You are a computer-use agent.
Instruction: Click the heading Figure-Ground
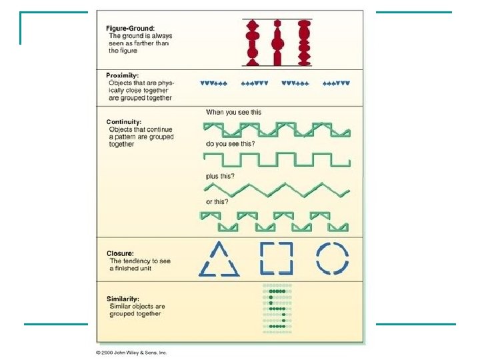[x=131, y=27]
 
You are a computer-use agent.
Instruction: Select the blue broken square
[x=276, y=258]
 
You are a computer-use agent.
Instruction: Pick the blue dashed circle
[x=332, y=258]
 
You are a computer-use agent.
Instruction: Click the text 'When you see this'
[x=233, y=112]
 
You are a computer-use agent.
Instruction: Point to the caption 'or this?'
[x=218, y=202]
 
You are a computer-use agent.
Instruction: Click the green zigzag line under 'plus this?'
[x=277, y=189]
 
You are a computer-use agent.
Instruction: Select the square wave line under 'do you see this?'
[x=277, y=160]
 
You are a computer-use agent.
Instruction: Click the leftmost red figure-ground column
[x=253, y=43]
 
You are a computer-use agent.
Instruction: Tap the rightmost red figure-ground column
[x=304, y=43]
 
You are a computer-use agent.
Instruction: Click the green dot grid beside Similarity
[x=278, y=308]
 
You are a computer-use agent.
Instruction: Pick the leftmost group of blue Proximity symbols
[x=214, y=83]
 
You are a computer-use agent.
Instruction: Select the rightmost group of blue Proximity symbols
[x=336, y=83]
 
